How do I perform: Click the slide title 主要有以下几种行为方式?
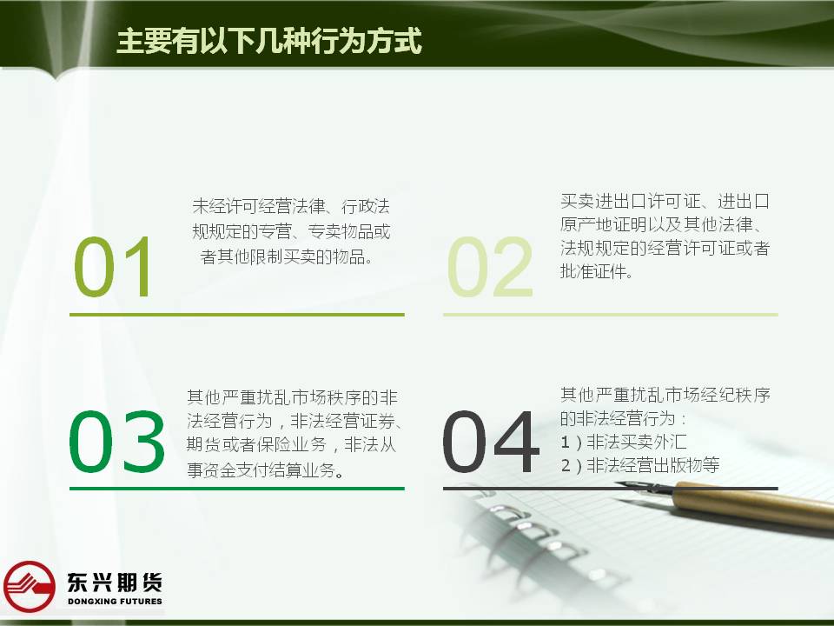[x=269, y=41]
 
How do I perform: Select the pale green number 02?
[x=490, y=266]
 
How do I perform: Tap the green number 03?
[x=116, y=442]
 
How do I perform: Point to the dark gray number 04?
[x=490, y=442]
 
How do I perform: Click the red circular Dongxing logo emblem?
[x=29, y=586]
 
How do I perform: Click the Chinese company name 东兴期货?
[x=115, y=582]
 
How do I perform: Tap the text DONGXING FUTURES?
[x=115, y=602]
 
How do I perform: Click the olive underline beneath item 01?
[x=237, y=315]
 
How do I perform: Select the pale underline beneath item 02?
[x=611, y=315]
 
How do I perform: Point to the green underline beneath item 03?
[x=237, y=488]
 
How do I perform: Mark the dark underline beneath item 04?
[x=611, y=488]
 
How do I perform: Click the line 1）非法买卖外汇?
[x=624, y=442]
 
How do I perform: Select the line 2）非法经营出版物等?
[x=640, y=465]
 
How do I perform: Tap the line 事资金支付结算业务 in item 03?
[x=265, y=469]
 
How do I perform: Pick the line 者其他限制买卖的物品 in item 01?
[x=286, y=257]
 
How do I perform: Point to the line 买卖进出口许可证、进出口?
[x=665, y=201]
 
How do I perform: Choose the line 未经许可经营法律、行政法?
[x=291, y=206]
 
